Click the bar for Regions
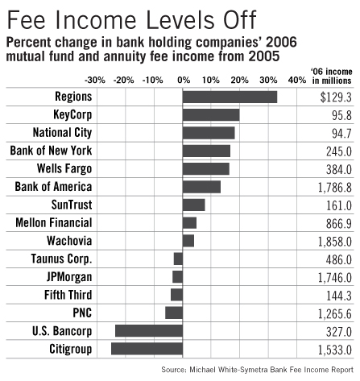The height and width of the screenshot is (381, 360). (x=230, y=97)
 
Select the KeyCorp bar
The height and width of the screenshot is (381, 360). (x=211, y=114)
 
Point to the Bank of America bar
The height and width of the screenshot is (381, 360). (x=201, y=186)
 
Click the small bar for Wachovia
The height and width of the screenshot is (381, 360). (x=188, y=240)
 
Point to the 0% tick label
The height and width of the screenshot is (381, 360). (x=183, y=80)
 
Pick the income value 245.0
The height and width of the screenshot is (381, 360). (x=339, y=151)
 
